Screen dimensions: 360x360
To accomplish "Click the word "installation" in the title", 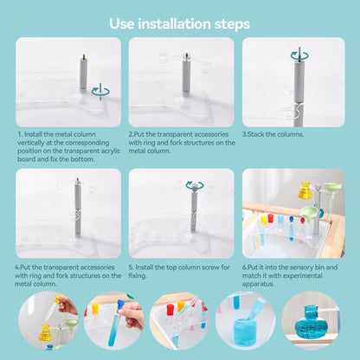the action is coord(174,23).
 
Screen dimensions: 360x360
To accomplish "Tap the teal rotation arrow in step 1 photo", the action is coord(100,92).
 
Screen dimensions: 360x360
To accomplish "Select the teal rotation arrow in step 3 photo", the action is coord(299,55).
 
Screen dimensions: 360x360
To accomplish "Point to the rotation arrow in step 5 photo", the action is coord(195,185).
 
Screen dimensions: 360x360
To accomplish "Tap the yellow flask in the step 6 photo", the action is coord(305,190).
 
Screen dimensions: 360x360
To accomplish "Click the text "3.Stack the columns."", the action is coord(273,134).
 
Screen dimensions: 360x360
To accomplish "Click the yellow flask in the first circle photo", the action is coord(45,332).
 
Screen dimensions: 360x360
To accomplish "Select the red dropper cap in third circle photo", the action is coord(170,310).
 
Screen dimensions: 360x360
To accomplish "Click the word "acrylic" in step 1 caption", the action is coord(111,151).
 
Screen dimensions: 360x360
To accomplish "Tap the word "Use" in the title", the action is coord(122,23).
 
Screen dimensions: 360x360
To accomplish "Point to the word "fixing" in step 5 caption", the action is coord(137,275).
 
